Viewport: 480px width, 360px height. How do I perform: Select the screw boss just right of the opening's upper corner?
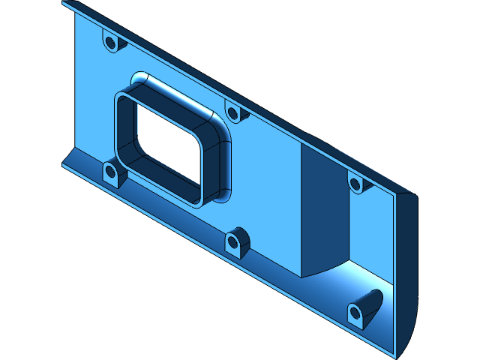click(x=233, y=114)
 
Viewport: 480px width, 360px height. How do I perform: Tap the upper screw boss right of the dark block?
click(x=355, y=182)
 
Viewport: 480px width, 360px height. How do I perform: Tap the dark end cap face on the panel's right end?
click(x=404, y=270)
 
